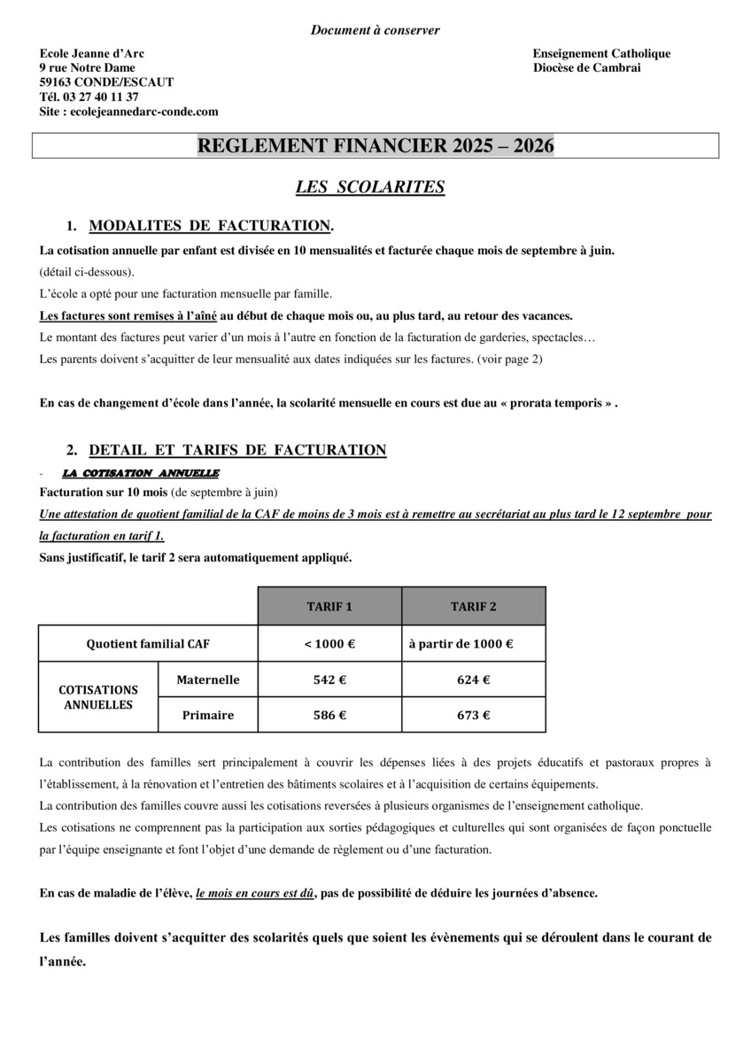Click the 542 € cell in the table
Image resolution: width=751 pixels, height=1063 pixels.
(x=329, y=680)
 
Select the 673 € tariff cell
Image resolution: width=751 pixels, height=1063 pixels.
(x=474, y=715)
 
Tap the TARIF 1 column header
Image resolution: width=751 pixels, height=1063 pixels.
(x=329, y=607)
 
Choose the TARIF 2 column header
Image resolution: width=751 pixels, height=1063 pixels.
(x=474, y=607)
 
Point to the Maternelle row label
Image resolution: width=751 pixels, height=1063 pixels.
(x=208, y=680)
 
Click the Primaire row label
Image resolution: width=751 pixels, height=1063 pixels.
(x=208, y=715)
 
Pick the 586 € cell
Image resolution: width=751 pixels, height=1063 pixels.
(x=329, y=715)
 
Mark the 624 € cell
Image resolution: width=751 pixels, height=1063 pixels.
(x=474, y=680)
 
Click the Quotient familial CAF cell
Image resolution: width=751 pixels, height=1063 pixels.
(x=148, y=644)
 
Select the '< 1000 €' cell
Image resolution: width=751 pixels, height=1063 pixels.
(x=329, y=644)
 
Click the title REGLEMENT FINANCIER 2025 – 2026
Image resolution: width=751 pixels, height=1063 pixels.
(x=375, y=146)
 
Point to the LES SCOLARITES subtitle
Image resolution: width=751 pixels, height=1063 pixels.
(x=369, y=187)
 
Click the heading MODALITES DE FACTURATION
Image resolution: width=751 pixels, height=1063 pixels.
(x=211, y=226)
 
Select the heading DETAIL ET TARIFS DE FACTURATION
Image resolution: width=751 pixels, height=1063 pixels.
(x=237, y=450)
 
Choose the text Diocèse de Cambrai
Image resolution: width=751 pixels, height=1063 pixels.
(x=587, y=68)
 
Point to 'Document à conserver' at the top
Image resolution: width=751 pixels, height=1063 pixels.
(x=375, y=30)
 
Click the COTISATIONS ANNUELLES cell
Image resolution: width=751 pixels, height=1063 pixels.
(x=98, y=697)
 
